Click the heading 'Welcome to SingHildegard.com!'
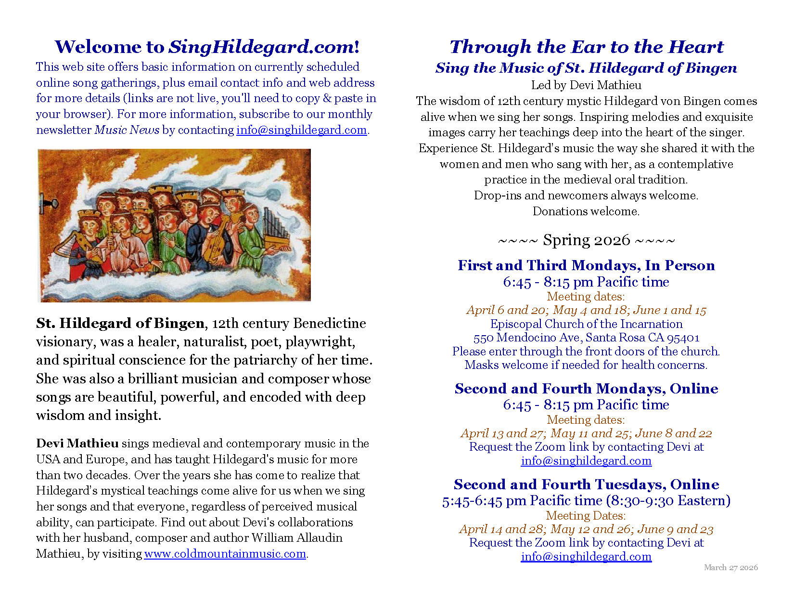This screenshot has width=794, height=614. [207, 47]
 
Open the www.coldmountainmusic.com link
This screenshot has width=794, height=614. [225, 554]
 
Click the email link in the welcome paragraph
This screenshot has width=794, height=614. [301, 130]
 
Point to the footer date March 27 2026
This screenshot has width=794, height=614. [730, 567]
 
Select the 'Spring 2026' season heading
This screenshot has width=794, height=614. [586, 240]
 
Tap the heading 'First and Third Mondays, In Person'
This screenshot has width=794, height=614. [586, 265]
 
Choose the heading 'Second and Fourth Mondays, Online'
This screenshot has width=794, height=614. [586, 389]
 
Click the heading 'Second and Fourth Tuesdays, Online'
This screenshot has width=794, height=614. [586, 484]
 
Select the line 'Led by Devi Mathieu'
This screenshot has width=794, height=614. [586, 85]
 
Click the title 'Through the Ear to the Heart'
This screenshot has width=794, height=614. [586, 47]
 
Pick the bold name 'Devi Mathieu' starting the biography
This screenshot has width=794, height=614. [77, 444]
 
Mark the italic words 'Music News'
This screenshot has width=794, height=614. [127, 130]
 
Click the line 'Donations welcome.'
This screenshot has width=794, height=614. [586, 211]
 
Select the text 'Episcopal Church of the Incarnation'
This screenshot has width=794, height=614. [586, 324]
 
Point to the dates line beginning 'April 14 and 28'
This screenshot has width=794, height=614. [586, 529]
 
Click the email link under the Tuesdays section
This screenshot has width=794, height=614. [586, 557]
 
